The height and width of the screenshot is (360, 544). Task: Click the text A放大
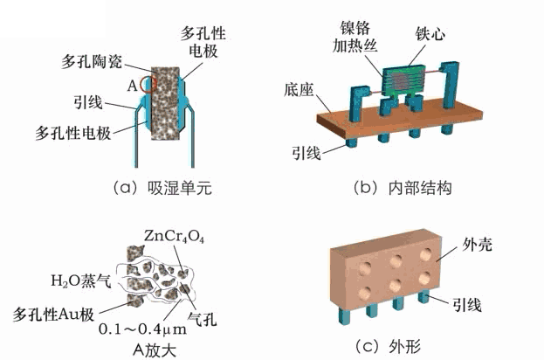click(x=155, y=346)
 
